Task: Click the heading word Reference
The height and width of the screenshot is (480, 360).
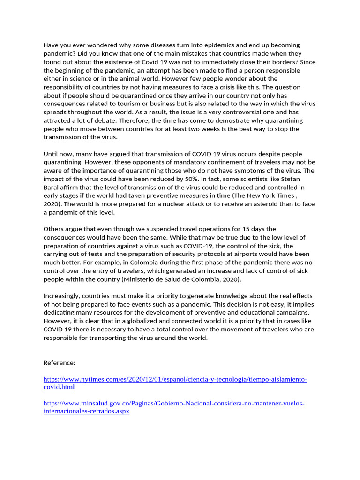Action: (x=59, y=363)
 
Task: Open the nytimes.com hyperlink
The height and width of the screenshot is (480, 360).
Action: (x=175, y=379)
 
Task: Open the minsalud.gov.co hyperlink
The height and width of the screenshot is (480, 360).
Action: (x=174, y=403)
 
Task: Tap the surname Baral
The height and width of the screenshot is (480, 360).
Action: (x=52, y=187)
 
